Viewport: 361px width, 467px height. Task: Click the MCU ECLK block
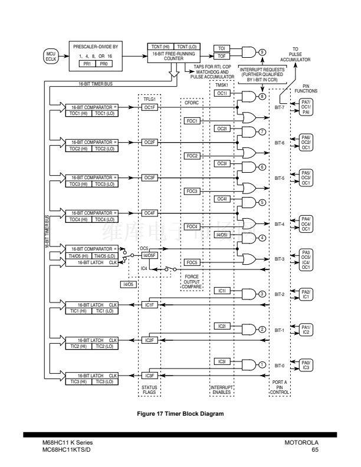coord(51,56)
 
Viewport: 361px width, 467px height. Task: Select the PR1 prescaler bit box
coord(87,63)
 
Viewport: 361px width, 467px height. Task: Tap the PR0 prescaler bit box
coord(103,63)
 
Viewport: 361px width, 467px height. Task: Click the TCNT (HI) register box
coord(159,46)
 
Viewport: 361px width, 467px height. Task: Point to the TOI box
coord(222,48)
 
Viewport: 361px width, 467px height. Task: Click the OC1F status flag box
coord(149,108)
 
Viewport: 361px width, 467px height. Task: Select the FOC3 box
coord(192,191)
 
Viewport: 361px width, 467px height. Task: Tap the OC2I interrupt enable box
coord(222,128)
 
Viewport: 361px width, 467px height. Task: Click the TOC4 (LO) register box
coord(106,219)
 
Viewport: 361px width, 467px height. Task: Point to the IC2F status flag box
coord(149,340)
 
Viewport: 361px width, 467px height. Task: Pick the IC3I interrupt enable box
coord(222,361)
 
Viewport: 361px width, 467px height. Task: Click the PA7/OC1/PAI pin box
coord(306,107)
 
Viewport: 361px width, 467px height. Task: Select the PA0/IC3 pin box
coord(306,365)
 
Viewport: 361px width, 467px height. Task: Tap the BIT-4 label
coord(280,224)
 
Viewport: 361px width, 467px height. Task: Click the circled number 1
coord(261,364)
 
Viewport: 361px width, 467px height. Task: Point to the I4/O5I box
coord(222,235)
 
